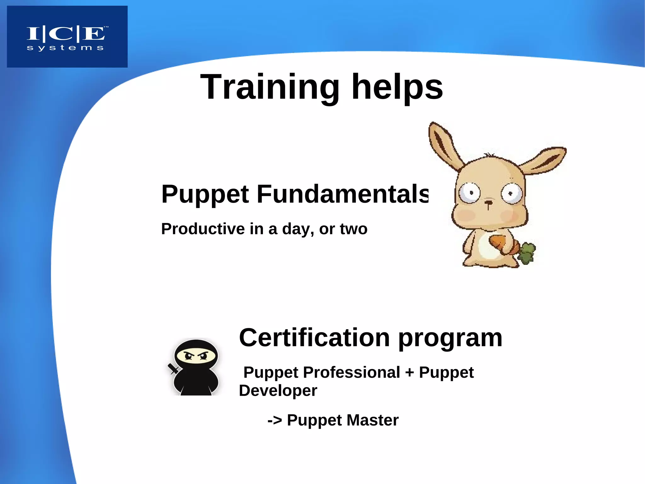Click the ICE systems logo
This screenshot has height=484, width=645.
click(67, 37)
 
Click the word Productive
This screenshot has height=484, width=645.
click(203, 229)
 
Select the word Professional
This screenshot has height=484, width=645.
click(351, 372)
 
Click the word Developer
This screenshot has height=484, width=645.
click(278, 391)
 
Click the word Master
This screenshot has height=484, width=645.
click(372, 420)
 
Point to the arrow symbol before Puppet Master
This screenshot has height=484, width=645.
click(275, 420)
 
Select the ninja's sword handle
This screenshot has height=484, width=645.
click(172, 368)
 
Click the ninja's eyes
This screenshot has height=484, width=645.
click(196, 357)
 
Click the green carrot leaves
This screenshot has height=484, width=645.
click(527, 253)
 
